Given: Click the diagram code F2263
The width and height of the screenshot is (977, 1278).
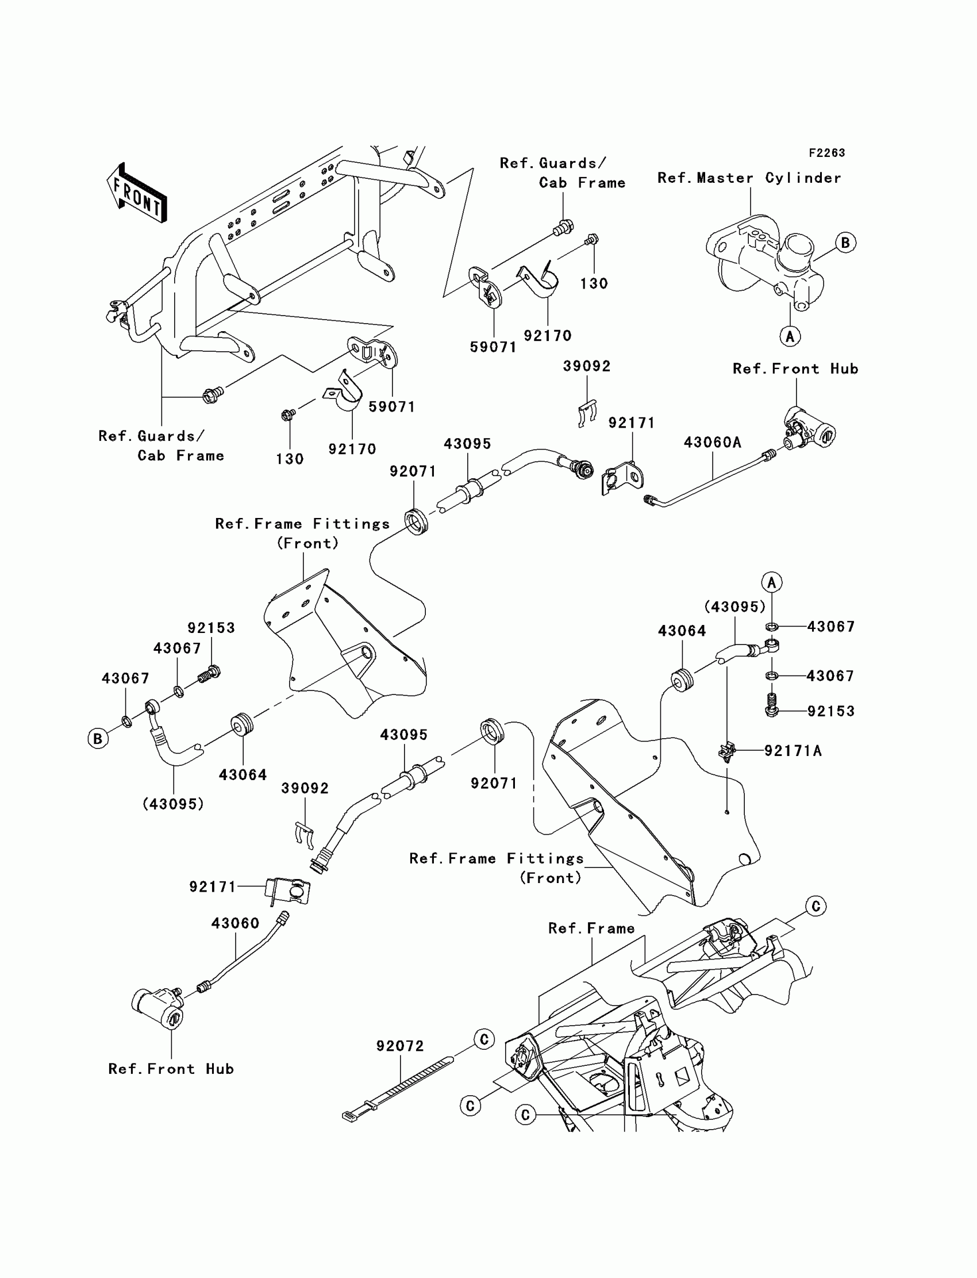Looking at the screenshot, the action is coord(826,153).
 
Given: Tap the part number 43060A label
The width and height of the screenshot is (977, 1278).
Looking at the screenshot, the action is coord(713,443).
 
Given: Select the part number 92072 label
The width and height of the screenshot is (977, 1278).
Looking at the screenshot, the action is coord(400,1046).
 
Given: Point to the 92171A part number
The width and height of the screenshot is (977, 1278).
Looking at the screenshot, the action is coord(793,751).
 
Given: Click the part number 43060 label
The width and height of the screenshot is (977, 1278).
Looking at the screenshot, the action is coord(235,923).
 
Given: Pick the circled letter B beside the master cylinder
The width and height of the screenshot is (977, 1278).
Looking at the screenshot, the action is coord(845,243).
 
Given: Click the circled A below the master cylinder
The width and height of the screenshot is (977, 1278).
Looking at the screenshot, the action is coord(790,336).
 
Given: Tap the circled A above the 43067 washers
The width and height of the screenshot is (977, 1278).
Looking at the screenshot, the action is coord(772,582).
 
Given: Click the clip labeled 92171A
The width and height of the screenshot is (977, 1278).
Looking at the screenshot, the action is coord(727,751).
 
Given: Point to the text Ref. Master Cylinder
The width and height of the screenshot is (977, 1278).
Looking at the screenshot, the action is coord(749,178).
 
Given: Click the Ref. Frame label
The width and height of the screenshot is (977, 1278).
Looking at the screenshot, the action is coord(591,928).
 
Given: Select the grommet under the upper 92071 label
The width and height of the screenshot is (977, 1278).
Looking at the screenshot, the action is coord(417,521).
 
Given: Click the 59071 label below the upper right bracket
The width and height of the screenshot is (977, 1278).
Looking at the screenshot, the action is coord(493,347).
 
